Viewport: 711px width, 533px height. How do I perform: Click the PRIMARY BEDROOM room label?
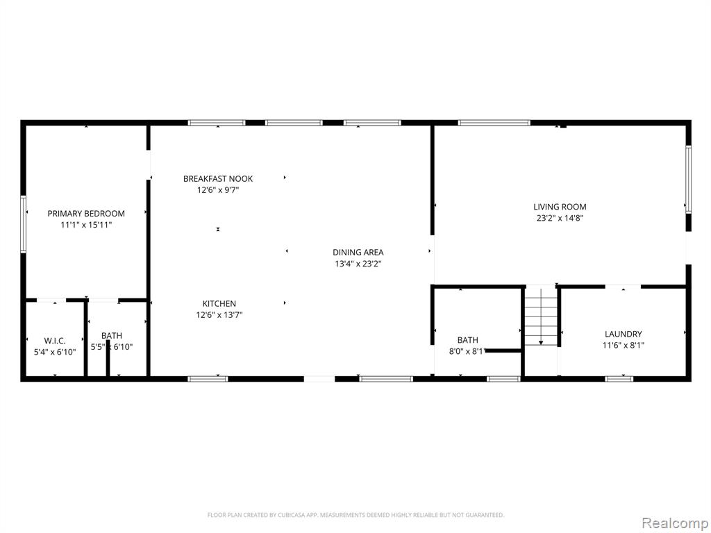(86, 214)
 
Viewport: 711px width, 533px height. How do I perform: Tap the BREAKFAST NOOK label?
(218, 178)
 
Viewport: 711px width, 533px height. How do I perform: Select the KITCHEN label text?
(219, 304)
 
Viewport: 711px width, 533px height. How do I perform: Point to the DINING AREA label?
(358, 253)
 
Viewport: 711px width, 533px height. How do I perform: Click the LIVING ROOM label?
(560, 207)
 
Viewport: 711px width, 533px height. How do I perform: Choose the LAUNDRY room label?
(624, 334)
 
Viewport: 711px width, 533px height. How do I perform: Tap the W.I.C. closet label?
(55, 341)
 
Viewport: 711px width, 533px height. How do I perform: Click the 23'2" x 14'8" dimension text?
(560, 218)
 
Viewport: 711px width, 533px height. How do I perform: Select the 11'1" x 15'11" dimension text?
(86, 225)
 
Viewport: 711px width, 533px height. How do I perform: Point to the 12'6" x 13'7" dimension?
(219, 315)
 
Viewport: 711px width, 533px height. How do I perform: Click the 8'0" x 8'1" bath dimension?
(467, 350)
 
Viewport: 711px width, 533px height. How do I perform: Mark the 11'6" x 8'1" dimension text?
(624, 346)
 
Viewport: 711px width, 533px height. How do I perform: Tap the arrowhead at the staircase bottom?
(541, 343)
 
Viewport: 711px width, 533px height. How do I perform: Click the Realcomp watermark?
(675, 523)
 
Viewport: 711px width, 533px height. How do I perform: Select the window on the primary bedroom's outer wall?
(23, 224)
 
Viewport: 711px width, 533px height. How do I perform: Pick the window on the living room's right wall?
(688, 179)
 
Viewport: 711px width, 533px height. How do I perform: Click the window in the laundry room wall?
(619, 378)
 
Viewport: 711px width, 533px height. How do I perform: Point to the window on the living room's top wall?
(494, 122)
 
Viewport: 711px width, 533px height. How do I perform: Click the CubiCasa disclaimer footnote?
(355, 515)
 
